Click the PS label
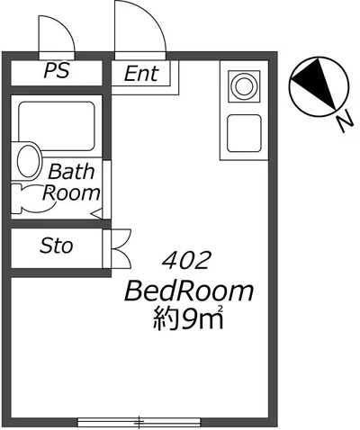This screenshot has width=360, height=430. click(57, 70)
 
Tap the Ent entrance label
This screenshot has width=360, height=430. click(141, 74)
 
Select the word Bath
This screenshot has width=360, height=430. click(71, 172)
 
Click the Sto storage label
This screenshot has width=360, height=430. click(57, 246)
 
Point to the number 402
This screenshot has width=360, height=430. click(184, 260)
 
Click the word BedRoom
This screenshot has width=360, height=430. click(189, 291)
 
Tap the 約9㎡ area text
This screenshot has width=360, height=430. click(188, 318)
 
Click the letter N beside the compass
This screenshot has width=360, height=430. click(344, 121)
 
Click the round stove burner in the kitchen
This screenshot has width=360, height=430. click(244, 86)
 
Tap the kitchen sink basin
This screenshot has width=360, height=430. click(244, 133)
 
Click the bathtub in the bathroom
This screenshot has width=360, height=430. click(57, 126)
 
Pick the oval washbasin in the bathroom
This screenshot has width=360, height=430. click(29, 161)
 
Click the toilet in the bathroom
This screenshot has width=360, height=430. click(33, 199)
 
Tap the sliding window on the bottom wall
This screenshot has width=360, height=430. click(139, 422)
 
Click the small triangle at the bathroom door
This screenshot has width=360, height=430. click(96, 214)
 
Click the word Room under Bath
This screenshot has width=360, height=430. click(71, 193)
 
